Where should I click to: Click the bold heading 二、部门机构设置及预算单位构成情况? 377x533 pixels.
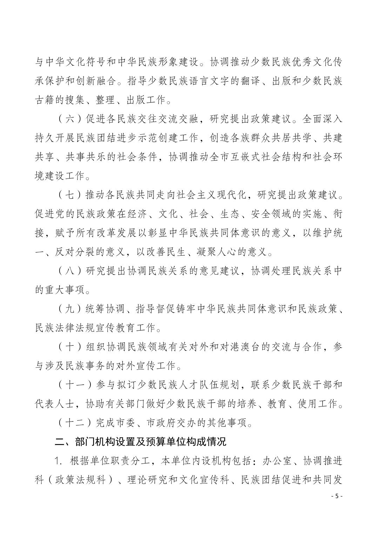click(141, 441)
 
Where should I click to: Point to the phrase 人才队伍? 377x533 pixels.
click(198, 385)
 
